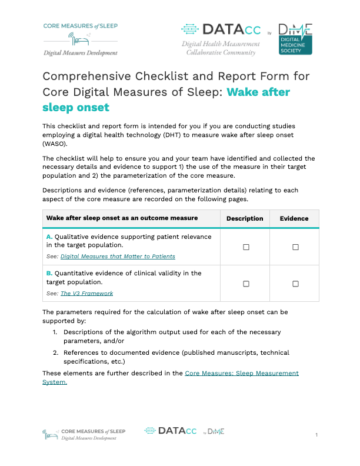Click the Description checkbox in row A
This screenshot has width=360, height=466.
[246, 248]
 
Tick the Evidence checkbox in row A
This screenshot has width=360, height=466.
[295, 248]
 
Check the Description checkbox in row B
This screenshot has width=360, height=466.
[246, 284]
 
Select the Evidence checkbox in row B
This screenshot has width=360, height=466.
[295, 284]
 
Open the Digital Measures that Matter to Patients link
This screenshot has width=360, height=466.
[118, 257]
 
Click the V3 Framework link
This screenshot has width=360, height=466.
[87, 293]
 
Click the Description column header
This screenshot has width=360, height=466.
[245, 218]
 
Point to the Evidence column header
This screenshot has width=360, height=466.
[294, 218]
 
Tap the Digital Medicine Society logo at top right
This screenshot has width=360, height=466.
[295, 39]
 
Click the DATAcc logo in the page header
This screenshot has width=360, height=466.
[221, 29]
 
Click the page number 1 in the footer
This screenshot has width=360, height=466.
[316, 435]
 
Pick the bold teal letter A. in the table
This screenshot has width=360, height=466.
[49, 237]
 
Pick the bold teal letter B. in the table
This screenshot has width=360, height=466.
[49, 273]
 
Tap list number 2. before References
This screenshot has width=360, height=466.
[55, 352]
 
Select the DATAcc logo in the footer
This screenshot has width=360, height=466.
[171, 431]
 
